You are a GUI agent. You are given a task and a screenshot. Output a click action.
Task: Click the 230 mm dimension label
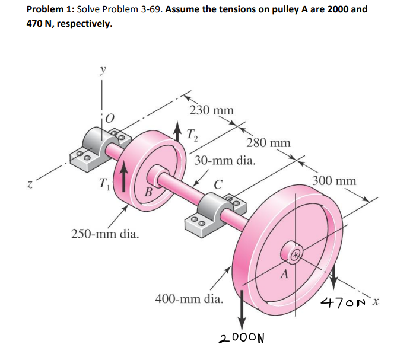coord(212,110)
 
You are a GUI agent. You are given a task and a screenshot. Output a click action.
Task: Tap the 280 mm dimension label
coord(268,143)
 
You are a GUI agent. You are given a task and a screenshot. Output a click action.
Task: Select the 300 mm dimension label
coord(334,180)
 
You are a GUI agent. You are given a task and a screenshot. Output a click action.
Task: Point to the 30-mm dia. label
coord(226,161)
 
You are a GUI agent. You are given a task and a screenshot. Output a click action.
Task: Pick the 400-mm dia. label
coord(189,298)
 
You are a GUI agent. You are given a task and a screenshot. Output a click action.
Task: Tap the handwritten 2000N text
coord(241,339)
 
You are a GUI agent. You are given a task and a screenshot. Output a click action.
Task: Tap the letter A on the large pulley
coord(284,274)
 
